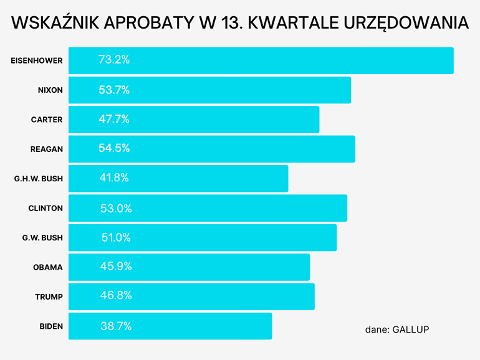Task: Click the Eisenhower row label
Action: pyautogui.click(x=37, y=60)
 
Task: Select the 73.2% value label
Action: pyautogui.click(x=114, y=60)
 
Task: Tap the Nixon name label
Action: pyautogui.click(x=50, y=90)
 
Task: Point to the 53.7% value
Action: pyautogui.click(x=114, y=90)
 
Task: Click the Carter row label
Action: pyautogui.click(x=47, y=120)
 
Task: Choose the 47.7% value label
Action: pyautogui.click(x=114, y=120)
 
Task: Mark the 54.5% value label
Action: pyautogui.click(x=114, y=149)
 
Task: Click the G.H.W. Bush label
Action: pyautogui.click(x=39, y=179)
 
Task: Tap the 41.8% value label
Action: pyautogui.click(x=114, y=178)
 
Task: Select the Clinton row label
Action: pyautogui.click(x=46, y=208)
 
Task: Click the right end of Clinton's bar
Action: pyautogui.click(x=346, y=208)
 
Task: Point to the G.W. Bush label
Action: pyautogui.click(x=42, y=237)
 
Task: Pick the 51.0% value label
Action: pyautogui.click(x=116, y=237)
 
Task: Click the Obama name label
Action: pyautogui.click(x=48, y=267)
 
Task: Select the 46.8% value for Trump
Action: pyautogui.click(x=116, y=296)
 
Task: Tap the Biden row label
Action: pyautogui.click(x=51, y=326)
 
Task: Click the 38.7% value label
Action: pyautogui.click(x=116, y=326)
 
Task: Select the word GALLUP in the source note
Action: pyautogui.click(x=411, y=329)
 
